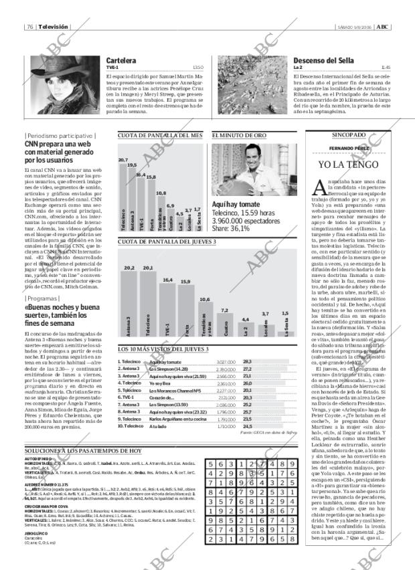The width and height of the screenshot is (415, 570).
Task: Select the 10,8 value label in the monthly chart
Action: point(161,193)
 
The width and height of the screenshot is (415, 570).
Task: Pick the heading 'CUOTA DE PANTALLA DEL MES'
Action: point(160,135)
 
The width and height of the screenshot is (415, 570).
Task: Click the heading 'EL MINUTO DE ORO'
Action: point(239,135)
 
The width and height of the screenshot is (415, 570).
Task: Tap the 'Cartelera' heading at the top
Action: point(121,61)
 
